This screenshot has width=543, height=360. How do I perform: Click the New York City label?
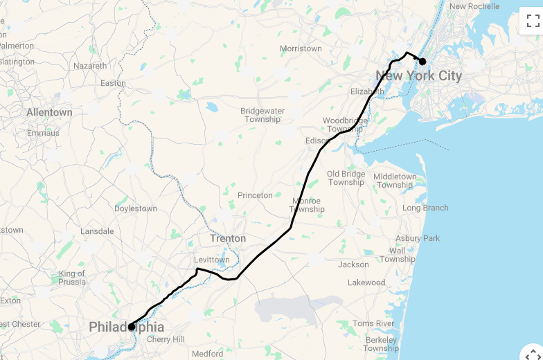418,76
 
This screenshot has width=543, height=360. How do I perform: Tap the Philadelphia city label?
127,327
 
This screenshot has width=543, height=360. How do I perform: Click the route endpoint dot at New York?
422,62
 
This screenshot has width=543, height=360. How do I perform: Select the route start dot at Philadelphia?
131,327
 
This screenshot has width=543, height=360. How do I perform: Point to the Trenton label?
228,239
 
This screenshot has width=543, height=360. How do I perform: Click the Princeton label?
255,196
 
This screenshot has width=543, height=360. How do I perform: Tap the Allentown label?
49,112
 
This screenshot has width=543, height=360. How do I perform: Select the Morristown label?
301,49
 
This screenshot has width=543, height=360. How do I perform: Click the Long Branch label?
425,208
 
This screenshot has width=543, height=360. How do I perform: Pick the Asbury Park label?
418,239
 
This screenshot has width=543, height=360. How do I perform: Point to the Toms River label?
373,324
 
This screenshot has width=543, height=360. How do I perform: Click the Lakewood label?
366,283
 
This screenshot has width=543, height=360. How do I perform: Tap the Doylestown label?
136,208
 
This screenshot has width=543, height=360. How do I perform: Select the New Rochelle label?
474,7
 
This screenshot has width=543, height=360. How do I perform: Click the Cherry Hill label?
166,340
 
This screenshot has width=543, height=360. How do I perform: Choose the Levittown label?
211,260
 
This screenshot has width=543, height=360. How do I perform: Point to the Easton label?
113,84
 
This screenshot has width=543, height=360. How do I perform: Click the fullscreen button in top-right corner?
531,20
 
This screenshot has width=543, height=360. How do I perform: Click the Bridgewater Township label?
262,115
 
